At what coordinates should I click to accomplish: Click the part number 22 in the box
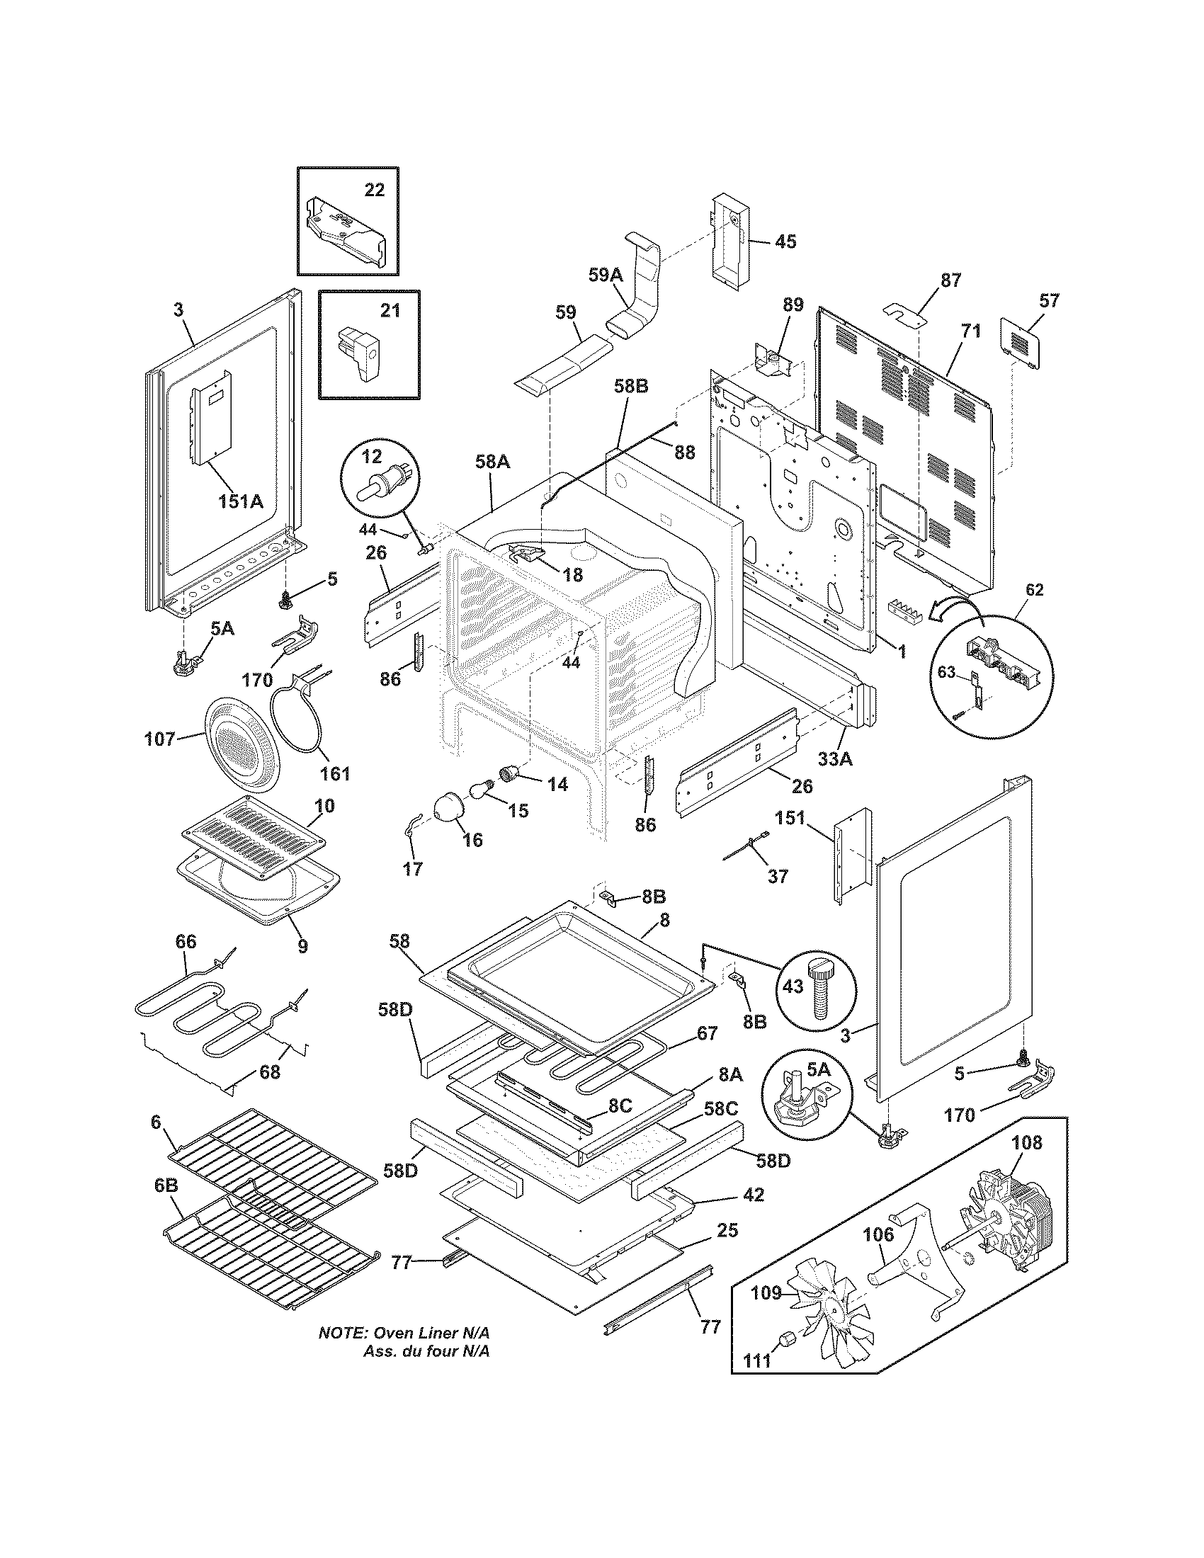[374, 190]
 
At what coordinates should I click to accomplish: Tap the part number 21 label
[390, 311]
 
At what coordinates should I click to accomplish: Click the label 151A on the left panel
[240, 501]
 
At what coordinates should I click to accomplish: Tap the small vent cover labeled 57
[1021, 344]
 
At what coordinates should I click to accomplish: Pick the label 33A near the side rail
[834, 759]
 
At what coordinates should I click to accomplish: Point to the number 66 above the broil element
[186, 943]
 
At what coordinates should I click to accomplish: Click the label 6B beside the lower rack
[166, 1185]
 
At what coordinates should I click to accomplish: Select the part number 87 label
[950, 280]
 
